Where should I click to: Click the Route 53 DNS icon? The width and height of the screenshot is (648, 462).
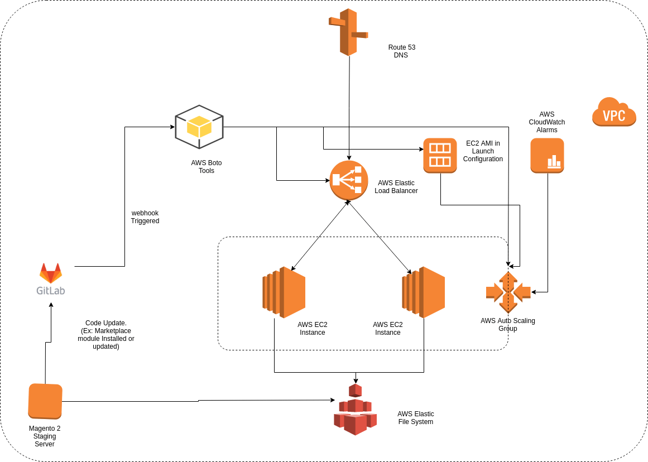click(348, 32)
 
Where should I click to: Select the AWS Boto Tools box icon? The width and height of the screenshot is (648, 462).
click(199, 127)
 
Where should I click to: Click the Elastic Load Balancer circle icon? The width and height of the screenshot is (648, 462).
click(348, 180)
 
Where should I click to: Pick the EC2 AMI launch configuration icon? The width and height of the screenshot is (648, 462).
click(440, 155)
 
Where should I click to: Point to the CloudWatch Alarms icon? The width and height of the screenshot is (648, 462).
click(547, 156)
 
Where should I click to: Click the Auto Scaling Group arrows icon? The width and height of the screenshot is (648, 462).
click(508, 292)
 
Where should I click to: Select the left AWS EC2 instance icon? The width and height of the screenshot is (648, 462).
click(284, 292)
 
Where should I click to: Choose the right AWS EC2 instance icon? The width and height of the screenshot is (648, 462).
click(423, 292)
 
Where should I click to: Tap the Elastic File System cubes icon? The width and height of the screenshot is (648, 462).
click(355, 410)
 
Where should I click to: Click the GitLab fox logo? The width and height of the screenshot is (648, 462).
click(51, 273)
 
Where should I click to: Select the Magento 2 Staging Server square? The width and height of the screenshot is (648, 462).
click(45, 401)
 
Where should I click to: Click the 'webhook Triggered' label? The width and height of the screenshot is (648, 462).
click(145, 217)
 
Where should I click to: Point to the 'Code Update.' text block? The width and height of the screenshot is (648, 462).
click(106, 335)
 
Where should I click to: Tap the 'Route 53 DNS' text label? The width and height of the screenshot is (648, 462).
click(401, 51)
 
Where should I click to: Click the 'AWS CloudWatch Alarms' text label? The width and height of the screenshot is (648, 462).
click(546, 122)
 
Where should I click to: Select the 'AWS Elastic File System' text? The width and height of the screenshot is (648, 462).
click(415, 418)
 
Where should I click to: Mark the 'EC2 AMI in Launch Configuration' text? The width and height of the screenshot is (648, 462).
click(483, 151)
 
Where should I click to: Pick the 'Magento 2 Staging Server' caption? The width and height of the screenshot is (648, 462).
click(45, 436)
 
